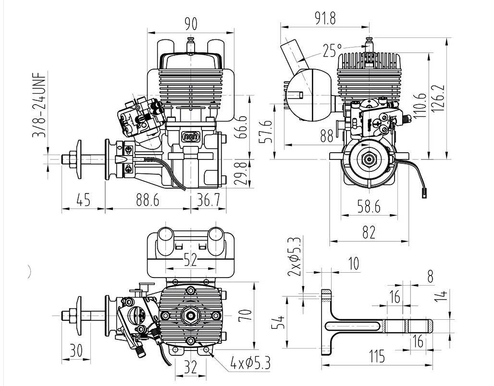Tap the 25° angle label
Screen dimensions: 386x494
point(332,50)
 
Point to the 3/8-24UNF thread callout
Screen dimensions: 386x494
point(39,105)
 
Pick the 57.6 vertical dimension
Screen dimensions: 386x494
point(268,131)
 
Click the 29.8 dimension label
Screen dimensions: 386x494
point(243,173)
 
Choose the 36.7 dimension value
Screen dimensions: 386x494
point(208,200)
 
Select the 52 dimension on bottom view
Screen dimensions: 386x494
point(190,260)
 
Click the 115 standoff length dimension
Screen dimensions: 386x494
point(377,356)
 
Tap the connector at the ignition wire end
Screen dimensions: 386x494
point(424,194)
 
